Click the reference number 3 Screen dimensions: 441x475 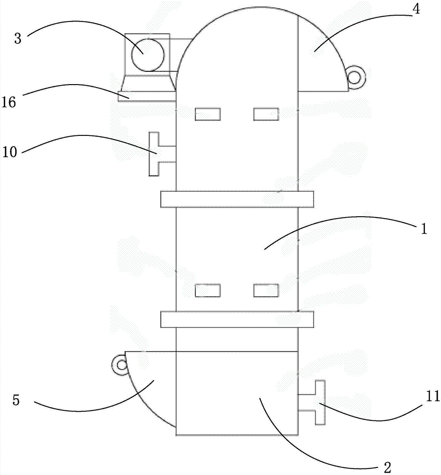tap(18, 39)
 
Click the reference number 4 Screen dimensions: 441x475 tap(416, 9)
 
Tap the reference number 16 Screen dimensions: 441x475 tap(9, 102)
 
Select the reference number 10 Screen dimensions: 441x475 tap(10, 152)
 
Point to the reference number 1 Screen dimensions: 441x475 tap(424, 228)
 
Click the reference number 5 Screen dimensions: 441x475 tap(16, 400)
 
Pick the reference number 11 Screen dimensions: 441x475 tap(433, 396)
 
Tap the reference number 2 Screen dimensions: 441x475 tap(387, 468)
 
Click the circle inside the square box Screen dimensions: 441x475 tap(148, 55)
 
